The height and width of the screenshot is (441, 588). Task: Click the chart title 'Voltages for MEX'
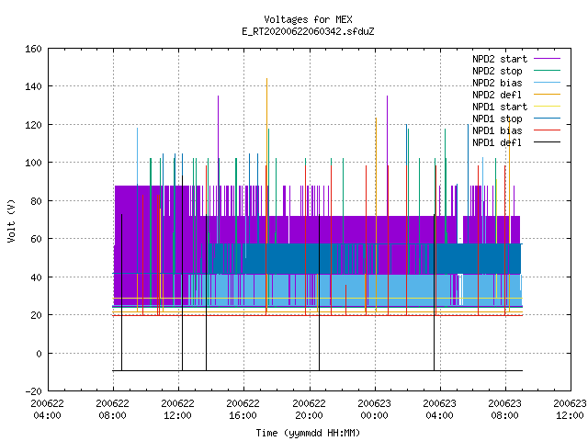tap(308, 19)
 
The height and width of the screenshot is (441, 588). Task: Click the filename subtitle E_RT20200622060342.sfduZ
tap(308, 31)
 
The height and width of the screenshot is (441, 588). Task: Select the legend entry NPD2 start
tap(500, 59)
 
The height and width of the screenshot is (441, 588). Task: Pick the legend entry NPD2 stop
tap(497, 71)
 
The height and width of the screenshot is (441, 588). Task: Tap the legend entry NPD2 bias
tap(497, 83)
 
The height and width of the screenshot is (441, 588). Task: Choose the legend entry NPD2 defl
tap(497, 95)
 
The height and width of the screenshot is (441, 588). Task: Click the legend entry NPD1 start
tap(500, 107)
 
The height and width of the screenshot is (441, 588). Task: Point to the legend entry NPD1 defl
tap(497, 142)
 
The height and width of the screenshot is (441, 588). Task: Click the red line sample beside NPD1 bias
tap(547, 130)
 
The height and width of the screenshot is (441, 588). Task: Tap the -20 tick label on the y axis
tap(33, 391)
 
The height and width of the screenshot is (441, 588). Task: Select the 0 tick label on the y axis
tap(39, 353)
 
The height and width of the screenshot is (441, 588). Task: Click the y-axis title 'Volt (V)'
tap(11, 221)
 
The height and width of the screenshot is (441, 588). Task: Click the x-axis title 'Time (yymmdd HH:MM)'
tap(308, 433)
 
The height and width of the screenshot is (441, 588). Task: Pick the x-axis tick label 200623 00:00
tap(375, 409)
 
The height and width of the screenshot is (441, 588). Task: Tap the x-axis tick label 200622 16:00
tap(243, 409)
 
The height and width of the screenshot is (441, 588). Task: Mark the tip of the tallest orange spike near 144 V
tap(266, 78)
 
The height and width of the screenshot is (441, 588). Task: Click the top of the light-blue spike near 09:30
tap(137, 129)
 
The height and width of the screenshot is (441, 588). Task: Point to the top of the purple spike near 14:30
tap(219, 96)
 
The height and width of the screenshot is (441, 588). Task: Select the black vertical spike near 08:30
tap(121, 292)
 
